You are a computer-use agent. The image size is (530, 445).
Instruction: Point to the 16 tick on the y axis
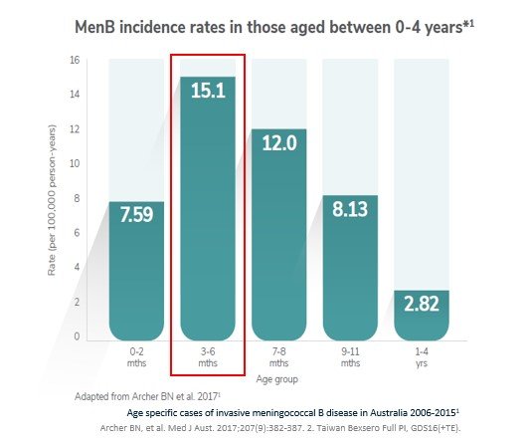tap(74, 60)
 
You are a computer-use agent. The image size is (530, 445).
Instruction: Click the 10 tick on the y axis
tap(74, 163)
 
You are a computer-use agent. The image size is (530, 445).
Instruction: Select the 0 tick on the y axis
tap(77, 336)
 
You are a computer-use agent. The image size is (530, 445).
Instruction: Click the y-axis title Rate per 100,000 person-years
tap(52, 199)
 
